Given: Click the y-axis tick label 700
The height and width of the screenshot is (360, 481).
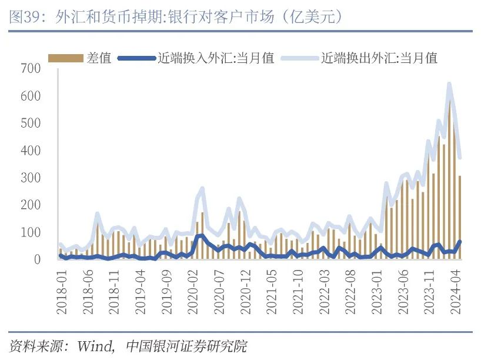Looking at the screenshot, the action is click(x=31, y=68).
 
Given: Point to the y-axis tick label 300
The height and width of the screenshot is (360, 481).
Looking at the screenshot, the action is click(x=31, y=178).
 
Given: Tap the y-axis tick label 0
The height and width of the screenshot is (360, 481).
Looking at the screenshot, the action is click(x=38, y=259).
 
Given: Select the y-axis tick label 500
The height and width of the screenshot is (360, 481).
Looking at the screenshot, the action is click(x=31, y=123).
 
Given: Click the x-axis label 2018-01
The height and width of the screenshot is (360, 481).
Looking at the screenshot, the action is click(x=62, y=292).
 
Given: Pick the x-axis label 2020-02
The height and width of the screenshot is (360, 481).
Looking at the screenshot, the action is click(x=193, y=292).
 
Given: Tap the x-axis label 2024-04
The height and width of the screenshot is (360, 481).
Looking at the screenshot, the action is click(x=456, y=292).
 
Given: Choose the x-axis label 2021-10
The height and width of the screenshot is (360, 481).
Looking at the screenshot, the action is click(x=298, y=292).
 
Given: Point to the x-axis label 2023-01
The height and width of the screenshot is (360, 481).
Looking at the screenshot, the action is click(x=377, y=292).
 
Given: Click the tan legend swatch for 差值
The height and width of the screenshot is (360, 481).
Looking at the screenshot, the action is click(x=66, y=58).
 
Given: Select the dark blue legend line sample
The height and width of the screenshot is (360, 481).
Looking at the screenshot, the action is click(x=136, y=58).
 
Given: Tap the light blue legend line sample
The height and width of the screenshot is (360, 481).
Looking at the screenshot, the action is click(x=299, y=58).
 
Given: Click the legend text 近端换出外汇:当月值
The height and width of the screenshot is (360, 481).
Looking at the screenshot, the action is click(x=379, y=58).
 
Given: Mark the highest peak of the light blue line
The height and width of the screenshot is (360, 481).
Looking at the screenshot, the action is click(x=449, y=84).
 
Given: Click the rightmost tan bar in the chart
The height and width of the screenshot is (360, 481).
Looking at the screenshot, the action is click(x=460, y=218).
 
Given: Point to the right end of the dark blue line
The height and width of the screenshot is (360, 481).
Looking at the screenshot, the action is click(x=460, y=242).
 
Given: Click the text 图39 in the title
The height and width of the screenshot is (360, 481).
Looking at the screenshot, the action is click(x=25, y=16).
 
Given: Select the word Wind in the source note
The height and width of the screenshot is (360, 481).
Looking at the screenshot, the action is click(x=95, y=346).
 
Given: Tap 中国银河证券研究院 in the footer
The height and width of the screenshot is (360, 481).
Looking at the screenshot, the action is click(x=186, y=346).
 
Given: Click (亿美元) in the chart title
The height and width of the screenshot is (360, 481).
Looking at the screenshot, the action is click(x=312, y=16).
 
